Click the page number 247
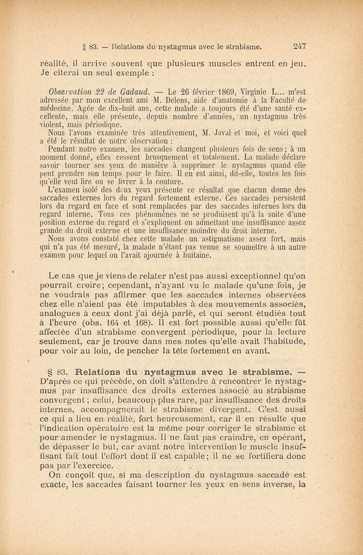click(x=300, y=45)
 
